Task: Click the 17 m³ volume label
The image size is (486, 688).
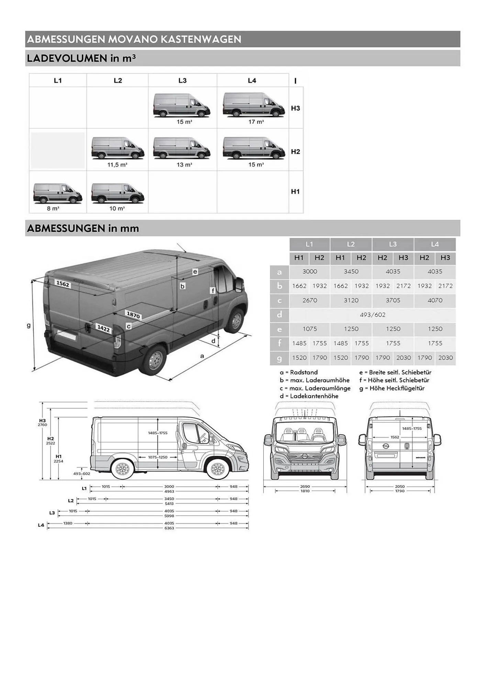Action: coord(256,122)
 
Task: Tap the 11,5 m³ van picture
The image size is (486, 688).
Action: coord(118,148)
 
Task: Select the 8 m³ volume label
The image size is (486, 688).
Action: coord(53,208)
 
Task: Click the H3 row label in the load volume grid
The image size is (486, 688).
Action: coord(295,108)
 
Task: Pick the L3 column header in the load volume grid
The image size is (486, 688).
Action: coord(182,80)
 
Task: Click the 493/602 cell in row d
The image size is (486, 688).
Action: coord(372,315)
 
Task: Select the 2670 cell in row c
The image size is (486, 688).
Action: coord(309,300)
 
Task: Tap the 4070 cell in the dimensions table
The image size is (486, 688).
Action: coord(435,300)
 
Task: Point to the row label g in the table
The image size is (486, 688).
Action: coord(279,358)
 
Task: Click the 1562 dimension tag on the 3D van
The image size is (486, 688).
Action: coord(63,284)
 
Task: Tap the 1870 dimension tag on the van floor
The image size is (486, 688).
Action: coord(133,315)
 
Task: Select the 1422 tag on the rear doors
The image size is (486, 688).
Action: coord(103,329)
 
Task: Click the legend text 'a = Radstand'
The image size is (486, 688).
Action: coord(299,372)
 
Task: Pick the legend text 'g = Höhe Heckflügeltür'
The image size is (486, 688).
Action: coord(392,388)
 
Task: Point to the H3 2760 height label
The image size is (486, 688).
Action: coord(42,422)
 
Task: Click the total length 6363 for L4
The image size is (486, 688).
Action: coord(169,528)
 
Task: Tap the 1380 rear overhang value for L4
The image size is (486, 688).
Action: coord(68,523)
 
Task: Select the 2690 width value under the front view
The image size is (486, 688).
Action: coord(305,486)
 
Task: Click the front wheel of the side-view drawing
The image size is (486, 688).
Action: coord(217,469)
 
